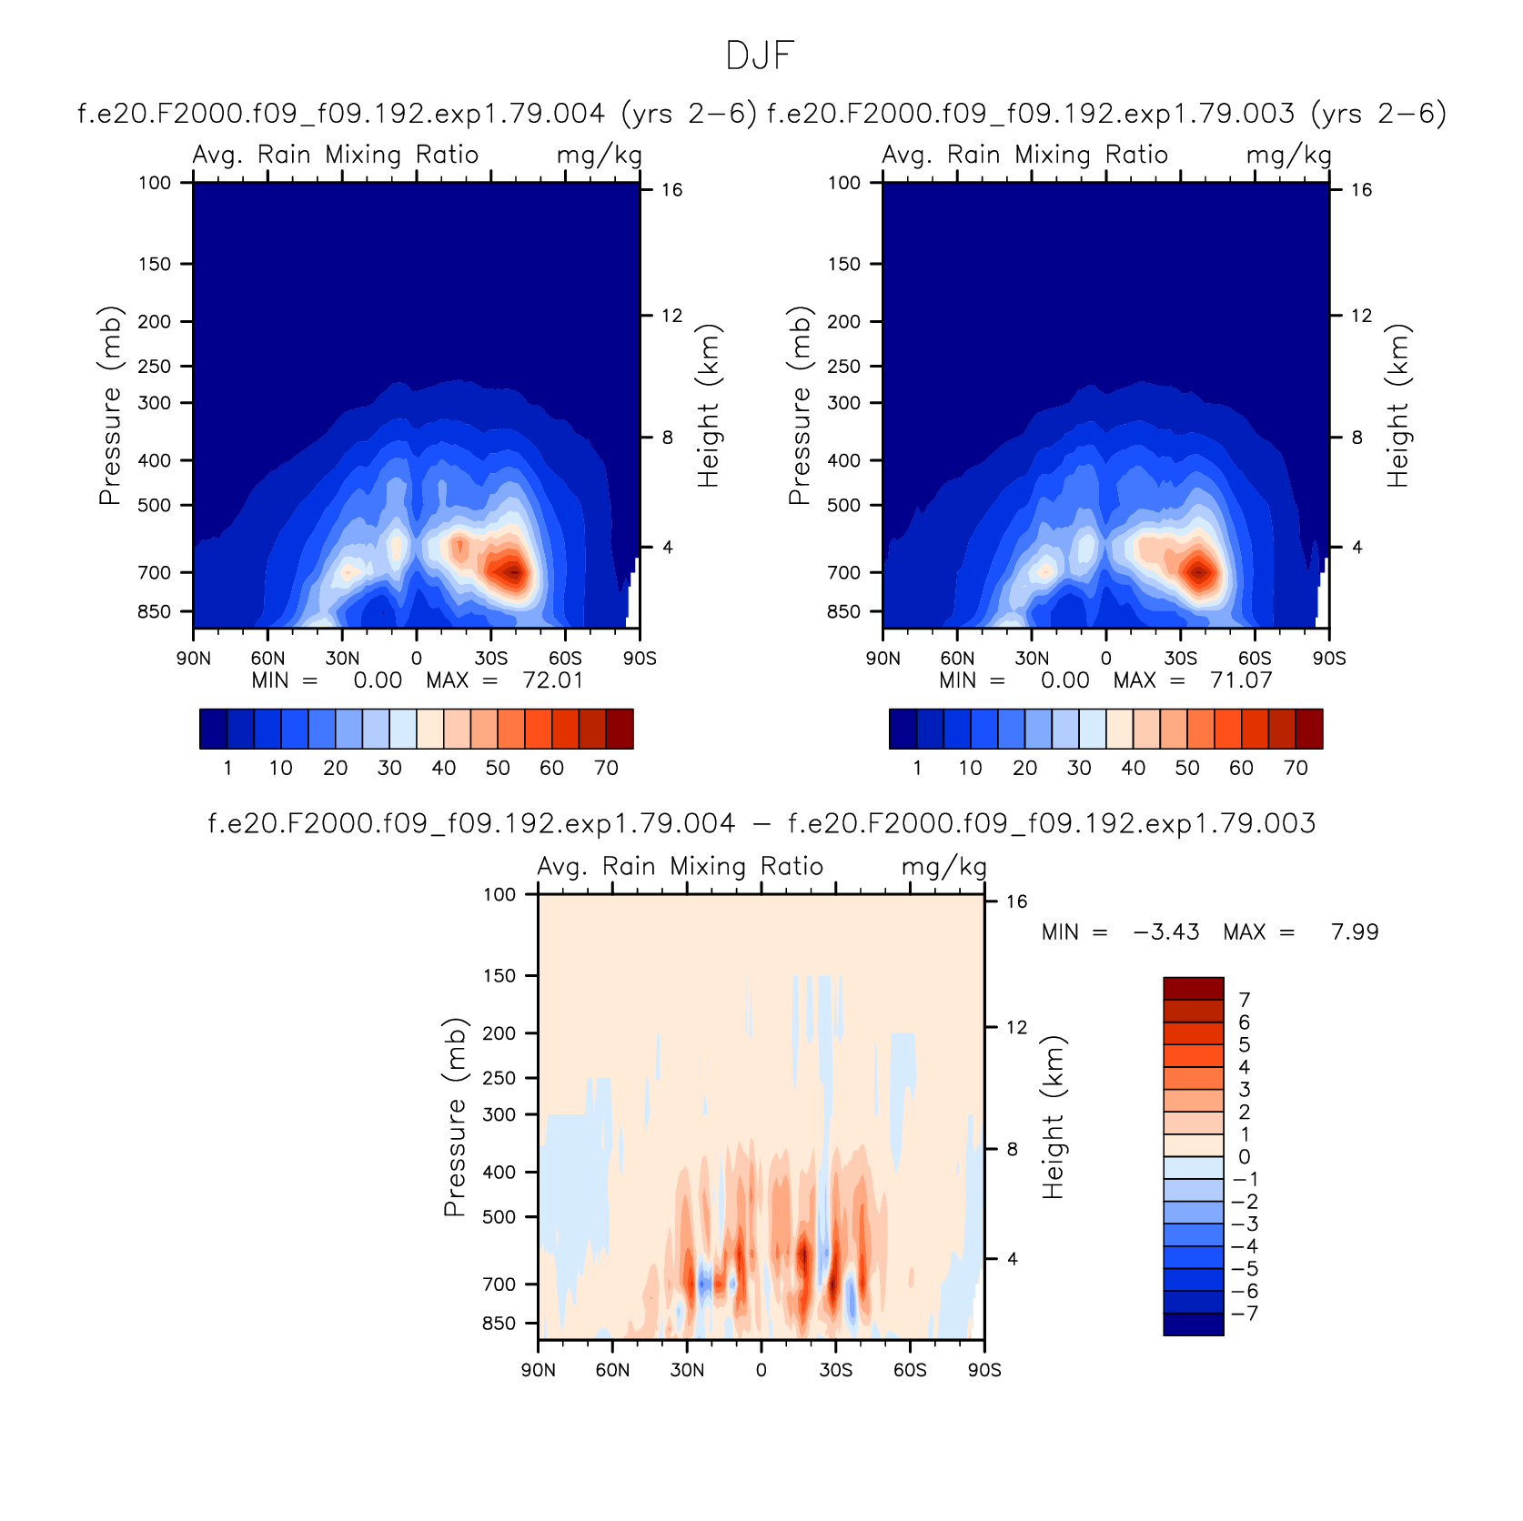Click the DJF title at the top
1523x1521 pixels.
[x=761, y=56]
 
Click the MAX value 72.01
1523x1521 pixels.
[x=553, y=680]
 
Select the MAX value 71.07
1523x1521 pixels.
[x=1242, y=680]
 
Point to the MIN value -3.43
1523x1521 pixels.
[x=1166, y=932]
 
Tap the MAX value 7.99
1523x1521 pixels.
[x=1355, y=932]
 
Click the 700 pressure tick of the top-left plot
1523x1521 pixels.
[x=154, y=572]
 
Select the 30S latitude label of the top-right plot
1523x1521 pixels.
[x=1180, y=659]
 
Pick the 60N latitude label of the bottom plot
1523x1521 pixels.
[x=612, y=1370]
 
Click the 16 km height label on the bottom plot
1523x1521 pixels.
[x=1016, y=902]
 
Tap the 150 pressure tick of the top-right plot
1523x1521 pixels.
[x=843, y=264]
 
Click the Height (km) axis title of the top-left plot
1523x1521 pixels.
[x=709, y=406]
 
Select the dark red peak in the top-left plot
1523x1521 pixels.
[x=513, y=572]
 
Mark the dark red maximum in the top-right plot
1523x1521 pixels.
[x=1199, y=572]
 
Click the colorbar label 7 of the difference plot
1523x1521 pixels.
[x=1244, y=1000]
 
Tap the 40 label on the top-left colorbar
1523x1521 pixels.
[x=443, y=768]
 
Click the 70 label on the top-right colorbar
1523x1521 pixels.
[x=1296, y=768]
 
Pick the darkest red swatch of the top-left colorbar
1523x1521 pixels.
[x=620, y=729]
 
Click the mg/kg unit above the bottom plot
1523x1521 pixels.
[x=943, y=868]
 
